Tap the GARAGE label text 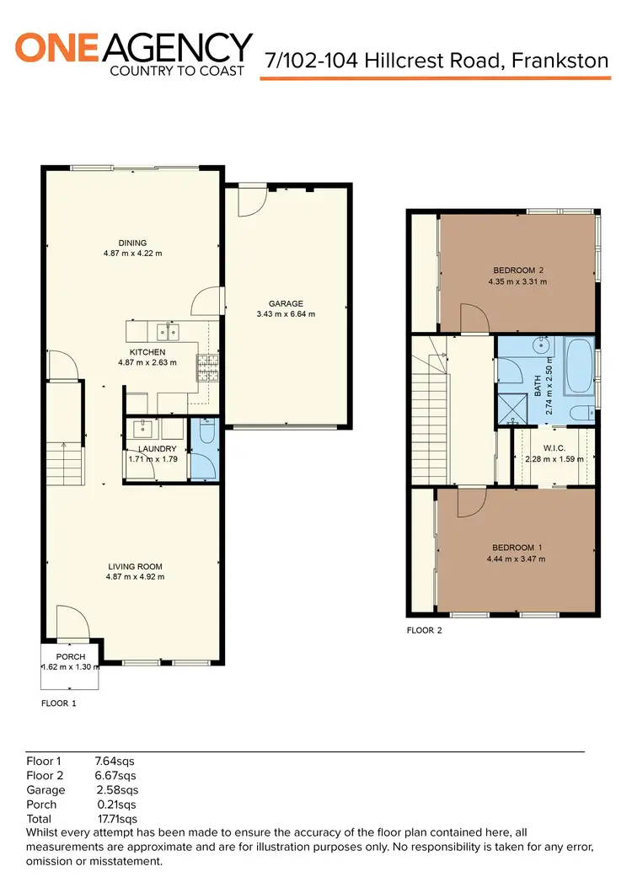(286, 304)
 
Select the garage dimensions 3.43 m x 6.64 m (286, 314)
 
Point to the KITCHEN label (147, 352)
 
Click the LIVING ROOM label (134, 566)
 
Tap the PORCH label (71, 657)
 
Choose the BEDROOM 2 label (517, 270)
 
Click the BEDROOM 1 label (514, 548)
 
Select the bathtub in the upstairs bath (581, 366)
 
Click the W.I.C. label (554, 448)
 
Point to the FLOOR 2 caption (424, 630)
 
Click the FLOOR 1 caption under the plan (59, 702)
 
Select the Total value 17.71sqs (117, 818)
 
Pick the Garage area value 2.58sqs (117, 790)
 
